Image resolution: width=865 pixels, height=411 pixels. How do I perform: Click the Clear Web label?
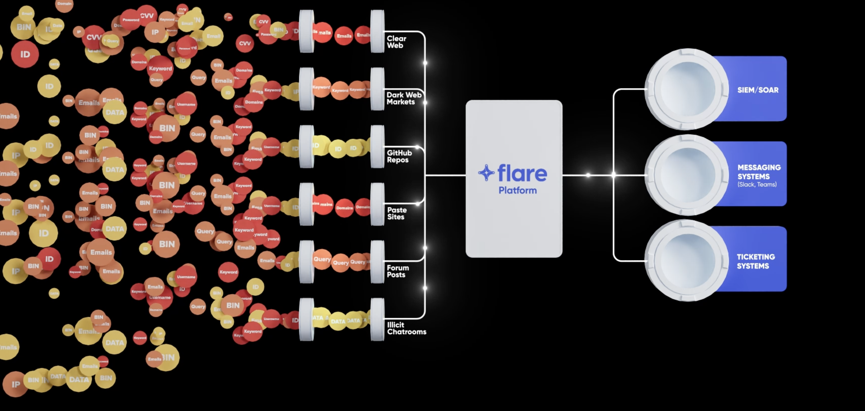coord(396,42)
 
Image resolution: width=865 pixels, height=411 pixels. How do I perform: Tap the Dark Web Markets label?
coord(403,98)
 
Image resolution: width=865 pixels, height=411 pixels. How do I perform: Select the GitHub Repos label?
coord(399,156)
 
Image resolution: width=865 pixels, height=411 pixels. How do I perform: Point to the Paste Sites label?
coord(397,213)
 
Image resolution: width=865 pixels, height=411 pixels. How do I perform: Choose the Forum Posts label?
coord(398,271)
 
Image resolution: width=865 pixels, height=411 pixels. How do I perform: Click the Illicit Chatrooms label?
coord(406,328)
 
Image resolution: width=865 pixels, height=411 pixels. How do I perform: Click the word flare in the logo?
coord(522,173)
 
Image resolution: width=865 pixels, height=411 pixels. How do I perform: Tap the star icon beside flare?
coord(486,172)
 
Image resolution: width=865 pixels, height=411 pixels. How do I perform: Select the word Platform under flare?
coord(518,190)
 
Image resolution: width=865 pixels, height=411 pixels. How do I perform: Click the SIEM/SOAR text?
coord(757,90)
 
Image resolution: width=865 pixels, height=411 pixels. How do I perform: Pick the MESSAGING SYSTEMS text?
coord(758,172)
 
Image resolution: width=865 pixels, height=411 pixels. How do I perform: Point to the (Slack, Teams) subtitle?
coord(757,185)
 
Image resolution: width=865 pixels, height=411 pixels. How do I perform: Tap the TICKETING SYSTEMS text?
coord(755,261)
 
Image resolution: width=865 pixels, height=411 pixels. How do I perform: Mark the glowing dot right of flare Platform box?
coord(588,175)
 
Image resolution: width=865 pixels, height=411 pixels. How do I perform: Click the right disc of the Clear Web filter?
coord(377,31)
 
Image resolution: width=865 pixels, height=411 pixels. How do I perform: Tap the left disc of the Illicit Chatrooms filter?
coord(306,319)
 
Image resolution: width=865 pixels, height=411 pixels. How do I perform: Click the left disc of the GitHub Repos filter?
coord(306,147)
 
